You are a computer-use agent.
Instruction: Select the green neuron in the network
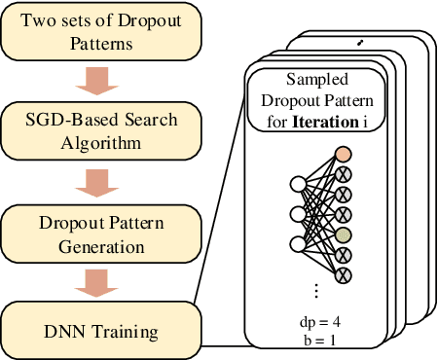pyautogui.click(x=342, y=234)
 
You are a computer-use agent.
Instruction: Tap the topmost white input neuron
pyautogui.click(x=299, y=183)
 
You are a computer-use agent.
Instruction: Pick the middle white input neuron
pyautogui.click(x=299, y=212)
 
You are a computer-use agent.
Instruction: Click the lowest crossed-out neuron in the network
pyautogui.click(x=342, y=275)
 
